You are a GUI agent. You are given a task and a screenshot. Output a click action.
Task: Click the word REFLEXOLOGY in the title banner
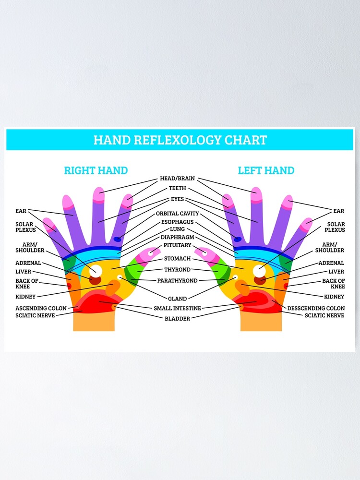pyautogui.click(x=180, y=140)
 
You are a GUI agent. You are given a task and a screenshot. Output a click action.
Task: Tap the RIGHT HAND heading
pyautogui.click(x=96, y=170)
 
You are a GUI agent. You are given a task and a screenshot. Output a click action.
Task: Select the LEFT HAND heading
pyautogui.click(x=266, y=170)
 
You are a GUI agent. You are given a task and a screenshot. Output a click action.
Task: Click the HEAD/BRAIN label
pyautogui.click(x=177, y=179)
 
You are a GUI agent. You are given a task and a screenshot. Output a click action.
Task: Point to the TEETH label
pyautogui.click(x=177, y=188)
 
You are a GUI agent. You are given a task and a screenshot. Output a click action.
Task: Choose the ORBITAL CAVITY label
pyautogui.click(x=177, y=213)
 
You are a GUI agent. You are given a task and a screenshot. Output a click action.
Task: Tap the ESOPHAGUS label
pyautogui.click(x=177, y=222)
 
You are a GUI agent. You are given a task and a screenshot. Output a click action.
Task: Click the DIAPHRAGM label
pyautogui.click(x=177, y=237)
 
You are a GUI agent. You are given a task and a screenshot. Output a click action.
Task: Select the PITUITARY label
pyautogui.click(x=177, y=245)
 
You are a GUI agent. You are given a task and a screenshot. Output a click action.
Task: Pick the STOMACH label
pyautogui.click(x=177, y=259)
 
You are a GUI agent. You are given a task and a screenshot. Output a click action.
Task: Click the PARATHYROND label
pyautogui.click(x=177, y=280)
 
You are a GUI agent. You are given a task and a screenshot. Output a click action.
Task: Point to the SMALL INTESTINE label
pyautogui.click(x=177, y=308)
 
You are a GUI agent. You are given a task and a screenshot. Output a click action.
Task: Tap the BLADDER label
pyautogui.click(x=177, y=318)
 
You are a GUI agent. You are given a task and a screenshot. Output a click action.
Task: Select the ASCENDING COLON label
pyautogui.click(x=41, y=308)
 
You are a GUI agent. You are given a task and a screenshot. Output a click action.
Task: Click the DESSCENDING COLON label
pyautogui.click(x=316, y=308)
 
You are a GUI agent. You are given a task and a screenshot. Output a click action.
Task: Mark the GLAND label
pyautogui.click(x=177, y=299)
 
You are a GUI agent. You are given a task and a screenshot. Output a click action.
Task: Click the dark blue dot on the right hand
pyautogui.click(x=118, y=239)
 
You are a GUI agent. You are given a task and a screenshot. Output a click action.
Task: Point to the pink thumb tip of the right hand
pyautogui.click(x=153, y=252)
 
